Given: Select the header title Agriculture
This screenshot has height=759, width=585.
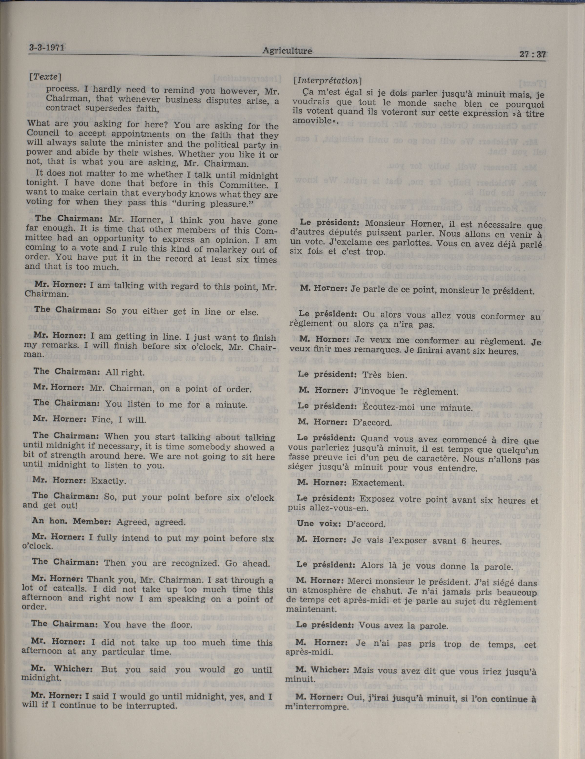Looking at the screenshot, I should pos(287,51).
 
